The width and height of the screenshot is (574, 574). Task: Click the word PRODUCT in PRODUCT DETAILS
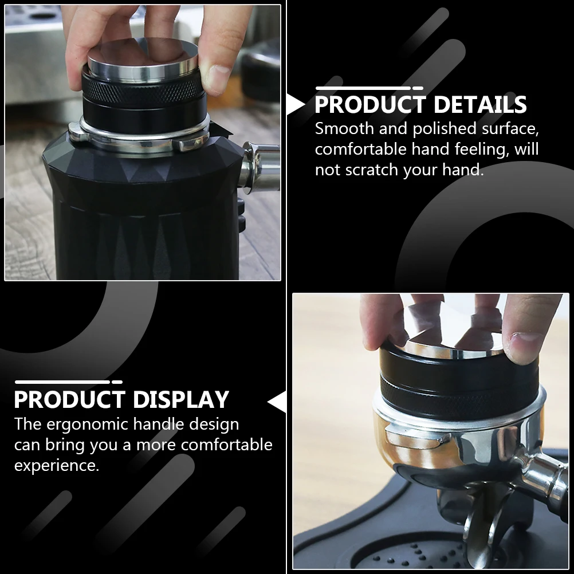tap(370, 105)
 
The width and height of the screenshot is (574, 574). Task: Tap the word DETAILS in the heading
tap(480, 105)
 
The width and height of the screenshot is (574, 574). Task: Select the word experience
tap(57, 465)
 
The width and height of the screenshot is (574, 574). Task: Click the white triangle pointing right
tap(295, 105)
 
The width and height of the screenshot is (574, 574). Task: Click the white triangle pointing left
tap(278, 402)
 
